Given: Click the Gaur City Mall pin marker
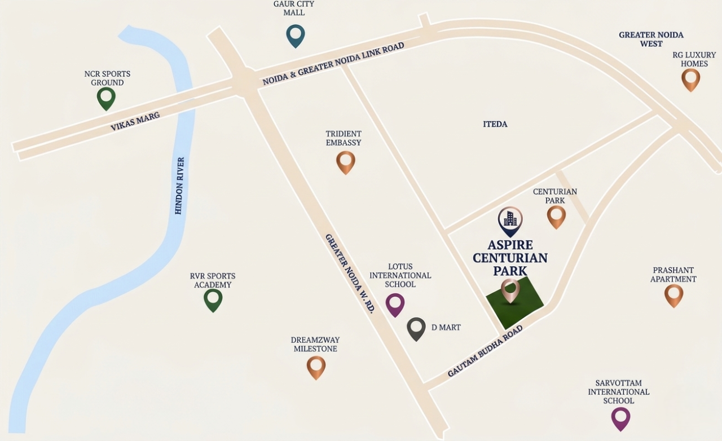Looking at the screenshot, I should coord(295,36).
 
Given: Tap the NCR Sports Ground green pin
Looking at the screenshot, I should coord(106,98).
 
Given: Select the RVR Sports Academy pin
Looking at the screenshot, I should coord(213,299).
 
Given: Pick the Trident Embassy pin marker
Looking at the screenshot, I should coord(345,162).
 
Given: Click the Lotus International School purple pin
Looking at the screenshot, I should coord(395,305).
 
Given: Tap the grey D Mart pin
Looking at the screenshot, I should coord(416,328).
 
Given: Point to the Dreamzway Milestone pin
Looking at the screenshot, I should coord(316,367).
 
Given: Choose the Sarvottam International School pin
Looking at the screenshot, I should coord(620,418).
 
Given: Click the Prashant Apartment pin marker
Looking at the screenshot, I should coord(673,295).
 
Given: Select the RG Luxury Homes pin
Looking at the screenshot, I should coord(690,79).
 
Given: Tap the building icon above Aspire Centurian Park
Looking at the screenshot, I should coord(510,220).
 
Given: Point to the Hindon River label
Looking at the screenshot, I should coord(179,186).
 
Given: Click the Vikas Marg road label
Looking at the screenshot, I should coord(135,121).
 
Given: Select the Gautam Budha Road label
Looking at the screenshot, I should coord(485,353).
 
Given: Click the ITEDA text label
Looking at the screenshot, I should coord(495,124).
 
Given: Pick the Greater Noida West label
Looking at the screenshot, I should coord(651,39).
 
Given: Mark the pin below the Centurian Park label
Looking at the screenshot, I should coord(556,217).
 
